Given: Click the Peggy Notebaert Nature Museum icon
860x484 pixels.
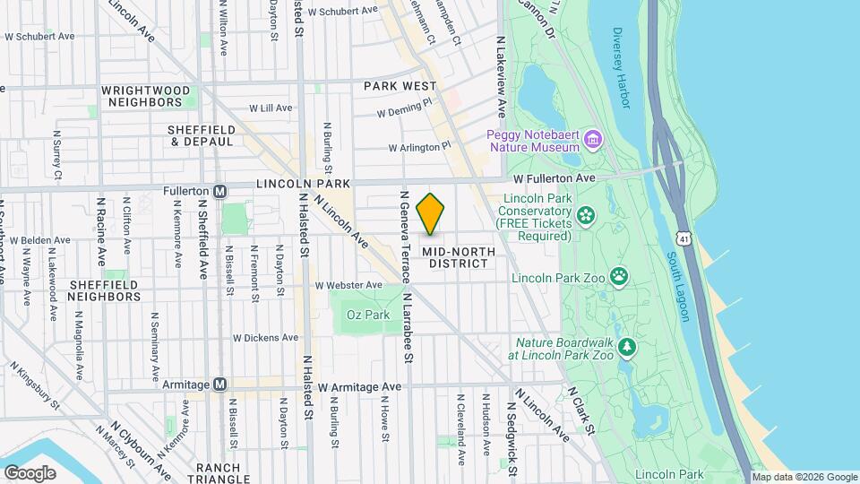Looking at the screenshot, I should pos(591,140).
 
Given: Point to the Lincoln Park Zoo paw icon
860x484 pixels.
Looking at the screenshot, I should pos(618,275).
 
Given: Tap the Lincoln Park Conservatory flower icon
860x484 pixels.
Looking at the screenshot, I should pos(586,214).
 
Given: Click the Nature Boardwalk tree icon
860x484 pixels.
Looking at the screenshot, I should pos(628,346).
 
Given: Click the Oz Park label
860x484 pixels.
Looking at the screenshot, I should pos(368,315).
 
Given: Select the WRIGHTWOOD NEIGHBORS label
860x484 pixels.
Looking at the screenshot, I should pos(146,97).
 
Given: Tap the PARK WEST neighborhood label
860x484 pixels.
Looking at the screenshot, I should pos(399,86).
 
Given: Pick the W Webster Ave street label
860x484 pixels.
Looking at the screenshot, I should pos(348,285).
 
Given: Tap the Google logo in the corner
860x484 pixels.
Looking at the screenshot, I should pos(30,472).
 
